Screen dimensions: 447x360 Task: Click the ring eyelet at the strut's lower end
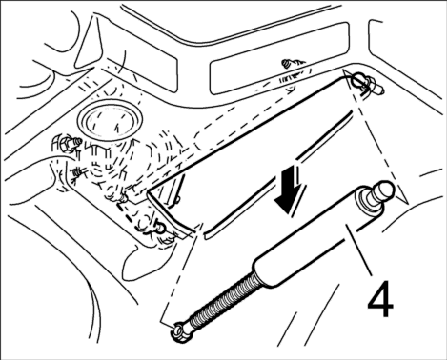point(180,332)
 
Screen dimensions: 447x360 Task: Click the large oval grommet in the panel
point(110,118)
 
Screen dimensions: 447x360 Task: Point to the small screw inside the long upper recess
point(287,64)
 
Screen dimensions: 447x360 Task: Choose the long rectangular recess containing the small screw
point(279,59)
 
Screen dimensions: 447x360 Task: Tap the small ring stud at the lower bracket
point(159,227)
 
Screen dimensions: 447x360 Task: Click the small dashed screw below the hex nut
point(77,173)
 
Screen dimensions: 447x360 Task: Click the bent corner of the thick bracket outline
point(149,191)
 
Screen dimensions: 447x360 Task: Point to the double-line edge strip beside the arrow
point(279,174)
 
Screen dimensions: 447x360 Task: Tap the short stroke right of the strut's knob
point(430,172)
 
